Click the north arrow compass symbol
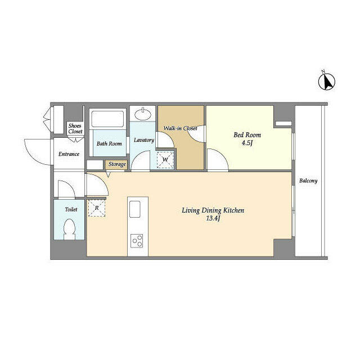pos(326,81)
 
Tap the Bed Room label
pos(247,135)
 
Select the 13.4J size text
pos(213,218)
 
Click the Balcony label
pos(308,181)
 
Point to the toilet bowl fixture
pos(69,229)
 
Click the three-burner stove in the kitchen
pos(137,241)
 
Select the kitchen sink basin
pos(135,209)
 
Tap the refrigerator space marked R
pos(97,208)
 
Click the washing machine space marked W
pos(165,160)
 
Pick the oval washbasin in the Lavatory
pos(143,114)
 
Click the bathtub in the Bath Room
pos(107,119)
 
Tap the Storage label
pos(117,164)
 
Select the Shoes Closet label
pos(75,129)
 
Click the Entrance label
pos(69,154)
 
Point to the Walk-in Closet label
pos(180,128)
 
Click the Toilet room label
pos(71,209)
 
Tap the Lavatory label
pos(144,140)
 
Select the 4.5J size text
pos(247,143)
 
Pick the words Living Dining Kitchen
pos(213,210)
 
